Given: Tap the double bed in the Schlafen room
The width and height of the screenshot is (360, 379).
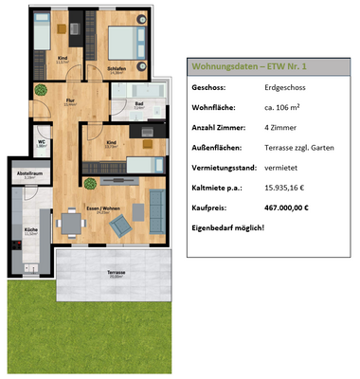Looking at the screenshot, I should click(x=124, y=43).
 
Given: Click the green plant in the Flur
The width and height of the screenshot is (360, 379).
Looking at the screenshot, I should click(x=40, y=90).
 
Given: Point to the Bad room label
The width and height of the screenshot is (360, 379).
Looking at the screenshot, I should click(x=138, y=104).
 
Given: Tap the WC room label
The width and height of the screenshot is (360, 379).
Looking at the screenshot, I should click(x=43, y=144).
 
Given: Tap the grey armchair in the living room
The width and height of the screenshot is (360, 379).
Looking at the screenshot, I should click(x=119, y=227).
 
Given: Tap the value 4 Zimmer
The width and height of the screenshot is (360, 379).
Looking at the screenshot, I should click(x=281, y=127).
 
